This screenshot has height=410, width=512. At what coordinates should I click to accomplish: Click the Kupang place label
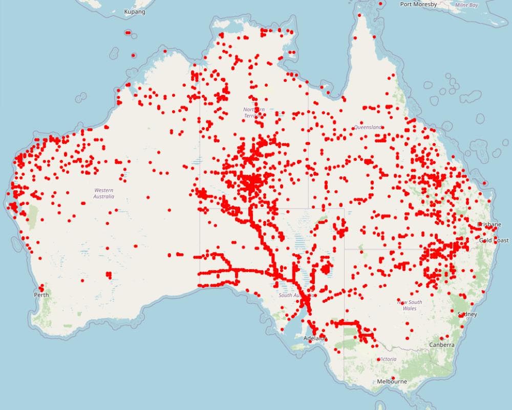coord(135,12)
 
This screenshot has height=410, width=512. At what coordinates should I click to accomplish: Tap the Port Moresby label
coord(419,4)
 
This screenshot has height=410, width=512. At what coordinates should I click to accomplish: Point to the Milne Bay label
coord(466,5)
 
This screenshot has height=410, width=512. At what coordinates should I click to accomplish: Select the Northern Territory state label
coord(254,113)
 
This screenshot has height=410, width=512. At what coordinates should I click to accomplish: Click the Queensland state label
coord(368,127)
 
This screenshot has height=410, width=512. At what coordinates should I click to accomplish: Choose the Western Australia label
coord(104,193)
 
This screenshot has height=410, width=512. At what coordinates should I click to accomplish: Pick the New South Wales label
coord(410,305)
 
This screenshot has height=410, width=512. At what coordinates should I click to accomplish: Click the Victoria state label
coord(388,359)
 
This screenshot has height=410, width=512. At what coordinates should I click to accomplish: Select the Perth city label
coord(41,295)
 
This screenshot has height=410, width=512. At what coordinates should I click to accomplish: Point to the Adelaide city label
coord(314,338)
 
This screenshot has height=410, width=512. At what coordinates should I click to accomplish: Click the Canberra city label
coord(442,345)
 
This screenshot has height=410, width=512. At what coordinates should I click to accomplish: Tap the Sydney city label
coord(467,314)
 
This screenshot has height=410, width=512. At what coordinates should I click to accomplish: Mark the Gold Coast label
coord(494,240)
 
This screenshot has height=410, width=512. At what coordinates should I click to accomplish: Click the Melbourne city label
coord(392,381)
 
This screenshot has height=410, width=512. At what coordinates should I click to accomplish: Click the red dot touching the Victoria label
coord(378,360)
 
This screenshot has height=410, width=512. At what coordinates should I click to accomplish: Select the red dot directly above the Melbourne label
coord(393,378)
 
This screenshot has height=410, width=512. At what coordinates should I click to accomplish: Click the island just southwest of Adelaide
coord(298,347)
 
